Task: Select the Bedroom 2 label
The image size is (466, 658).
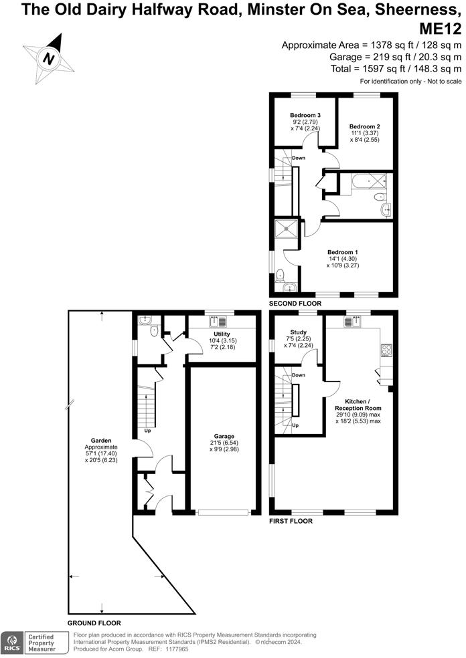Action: coord(364,126)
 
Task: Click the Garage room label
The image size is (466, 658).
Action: coord(224,436)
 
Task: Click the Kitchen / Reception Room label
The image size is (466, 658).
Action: coord(358,403)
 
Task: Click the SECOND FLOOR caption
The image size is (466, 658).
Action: coord(295,304)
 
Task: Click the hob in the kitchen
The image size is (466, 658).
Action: coord(387,349)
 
